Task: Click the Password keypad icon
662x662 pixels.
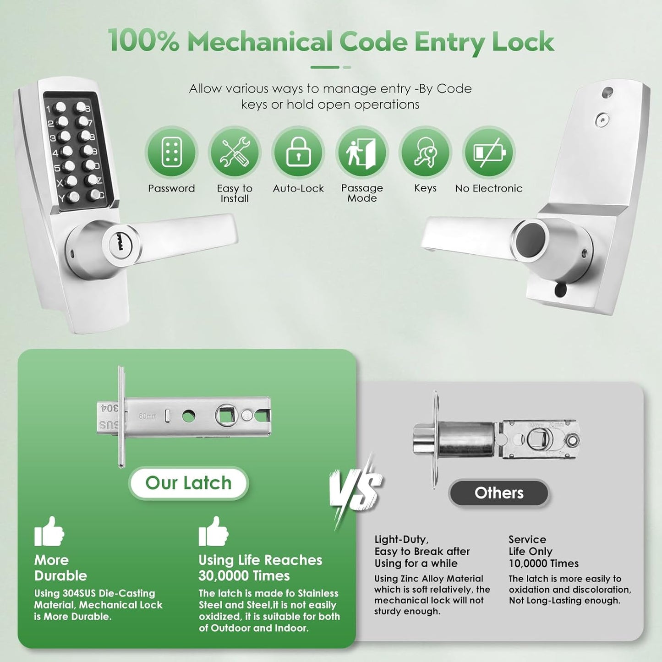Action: [x=171, y=153]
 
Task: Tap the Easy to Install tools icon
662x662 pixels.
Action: [x=235, y=153]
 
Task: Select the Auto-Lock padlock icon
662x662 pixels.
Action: [x=298, y=153]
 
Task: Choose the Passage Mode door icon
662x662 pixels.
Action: [x=362, y=153]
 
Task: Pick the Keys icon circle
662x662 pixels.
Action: [x=425, y=153]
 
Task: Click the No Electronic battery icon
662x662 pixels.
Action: [x=489, y=153]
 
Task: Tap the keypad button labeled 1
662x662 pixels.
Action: [x=60, y=109]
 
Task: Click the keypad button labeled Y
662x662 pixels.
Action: [x=73, y=197]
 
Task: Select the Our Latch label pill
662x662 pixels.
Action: [x=188, y=483]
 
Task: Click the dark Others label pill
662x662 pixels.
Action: [x=499, y=493]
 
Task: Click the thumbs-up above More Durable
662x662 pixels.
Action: [x=49, y=532]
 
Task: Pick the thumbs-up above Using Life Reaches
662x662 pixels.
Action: [x=213, y=532]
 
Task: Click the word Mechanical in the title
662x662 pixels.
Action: [x=260, y=42]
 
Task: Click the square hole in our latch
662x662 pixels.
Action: [x=227, y=416]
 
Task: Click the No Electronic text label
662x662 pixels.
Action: [x=489, y=188]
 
